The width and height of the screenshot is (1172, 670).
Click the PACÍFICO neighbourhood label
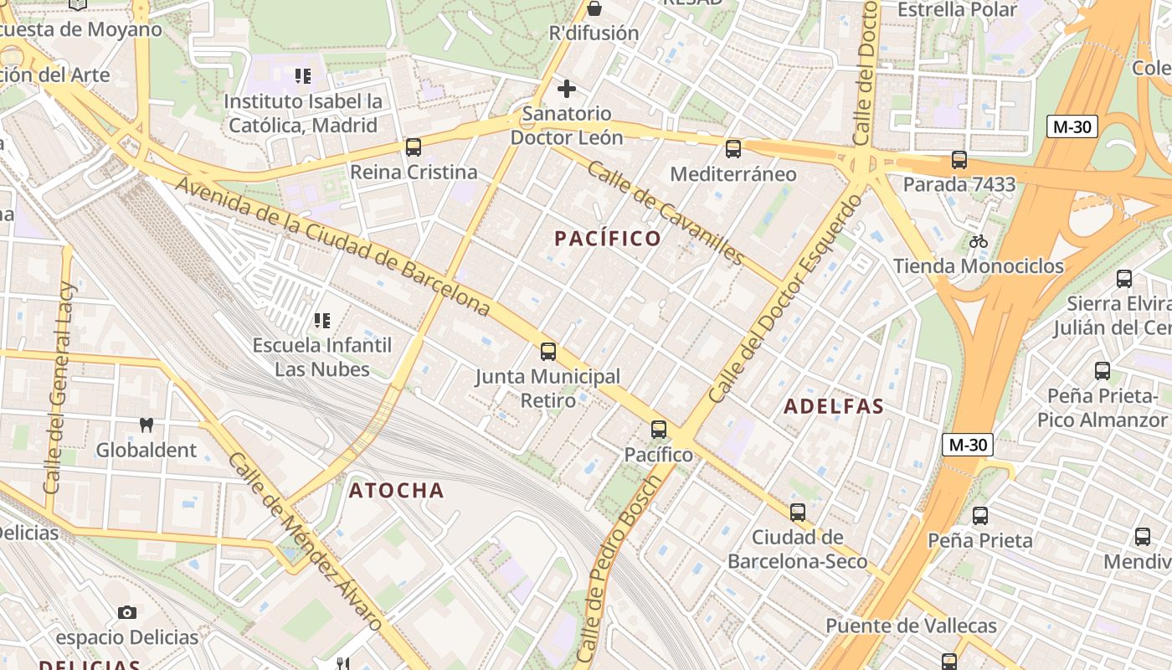tap(608, 239)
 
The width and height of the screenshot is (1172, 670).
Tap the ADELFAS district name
tap(834, 407)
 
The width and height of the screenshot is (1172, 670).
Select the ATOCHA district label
tap(396, 491)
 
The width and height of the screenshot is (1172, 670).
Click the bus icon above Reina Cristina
tap(414, 147)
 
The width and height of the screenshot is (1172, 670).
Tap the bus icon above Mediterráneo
tap(733, 149)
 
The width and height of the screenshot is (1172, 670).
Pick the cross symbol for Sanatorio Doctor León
tap(567, 88)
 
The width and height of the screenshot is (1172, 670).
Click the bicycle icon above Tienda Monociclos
tap(978, 242)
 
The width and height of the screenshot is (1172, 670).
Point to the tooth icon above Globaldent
tap(146, 425)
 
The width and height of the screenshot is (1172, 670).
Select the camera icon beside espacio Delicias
tap(127, 612)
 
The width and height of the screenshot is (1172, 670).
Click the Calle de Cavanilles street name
tap(666, 213)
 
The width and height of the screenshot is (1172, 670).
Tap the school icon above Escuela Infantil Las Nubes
tap(321, 320)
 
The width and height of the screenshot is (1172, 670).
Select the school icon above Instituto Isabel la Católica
tap(303, 76)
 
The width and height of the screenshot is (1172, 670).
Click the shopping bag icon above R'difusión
tap(594, 8)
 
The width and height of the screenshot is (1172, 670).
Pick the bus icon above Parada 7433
tap(959, 159)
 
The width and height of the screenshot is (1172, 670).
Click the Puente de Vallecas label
tap(911, 626)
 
